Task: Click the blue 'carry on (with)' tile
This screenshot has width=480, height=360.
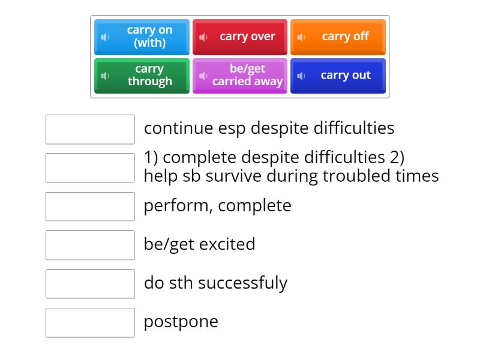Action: click(x=142, y=37)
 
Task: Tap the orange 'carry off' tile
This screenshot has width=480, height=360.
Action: click(x=338, y=37)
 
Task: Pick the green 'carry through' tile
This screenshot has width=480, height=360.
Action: click(x=142, y=76)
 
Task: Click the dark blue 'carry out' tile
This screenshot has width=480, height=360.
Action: click(x=338, y=76)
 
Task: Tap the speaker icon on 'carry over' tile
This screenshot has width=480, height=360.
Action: click(x=203, y=37)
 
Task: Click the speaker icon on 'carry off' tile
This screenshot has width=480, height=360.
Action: click(x=301, y=37)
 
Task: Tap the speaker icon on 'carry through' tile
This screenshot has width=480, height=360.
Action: click(x=106, y=76)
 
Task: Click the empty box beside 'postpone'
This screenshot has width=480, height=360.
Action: click(x=90, y=322)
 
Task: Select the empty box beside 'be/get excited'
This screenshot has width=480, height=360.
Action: click(x=90, y=245)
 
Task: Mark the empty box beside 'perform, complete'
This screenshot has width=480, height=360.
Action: click(x=90, y=206)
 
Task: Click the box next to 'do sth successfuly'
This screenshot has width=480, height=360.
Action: click(x=90, y=284)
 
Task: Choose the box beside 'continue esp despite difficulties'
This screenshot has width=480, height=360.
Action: click(x=90, y=129)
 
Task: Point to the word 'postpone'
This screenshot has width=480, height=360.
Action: click(x=181, y=322)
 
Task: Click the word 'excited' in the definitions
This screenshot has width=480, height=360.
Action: click(x=227, y=244)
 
